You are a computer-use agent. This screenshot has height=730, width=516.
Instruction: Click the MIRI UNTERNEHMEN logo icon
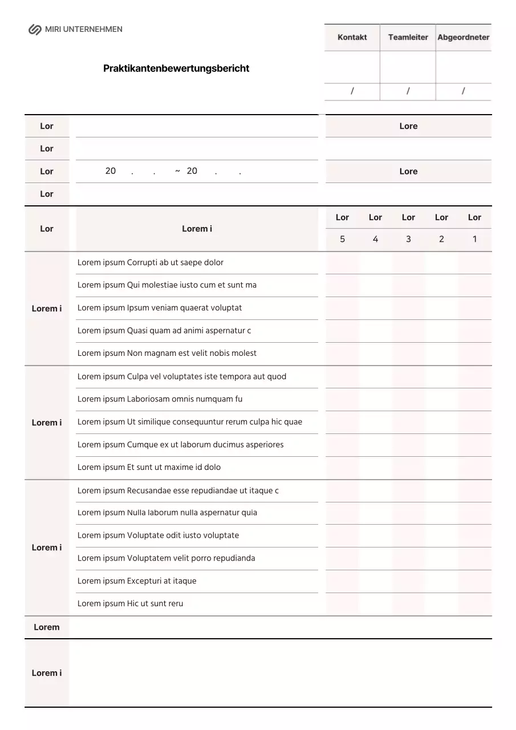(35, 30)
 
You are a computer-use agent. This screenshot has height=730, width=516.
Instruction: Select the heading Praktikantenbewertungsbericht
(176, 68)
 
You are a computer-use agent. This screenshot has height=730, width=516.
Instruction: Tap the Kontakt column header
(352, 38)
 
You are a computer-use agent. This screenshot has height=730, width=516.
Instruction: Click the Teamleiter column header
(408, 38)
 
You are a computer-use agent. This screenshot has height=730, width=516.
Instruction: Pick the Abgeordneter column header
(464, 38)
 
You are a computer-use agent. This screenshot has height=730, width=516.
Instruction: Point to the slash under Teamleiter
(408, 91)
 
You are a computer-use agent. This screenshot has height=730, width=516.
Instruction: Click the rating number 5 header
(342, 240)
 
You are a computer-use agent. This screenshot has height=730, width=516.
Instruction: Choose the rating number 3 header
(408, 240)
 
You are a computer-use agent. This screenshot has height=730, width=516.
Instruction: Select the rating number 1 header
(474, 240)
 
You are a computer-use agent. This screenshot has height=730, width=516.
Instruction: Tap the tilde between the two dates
(178, 171)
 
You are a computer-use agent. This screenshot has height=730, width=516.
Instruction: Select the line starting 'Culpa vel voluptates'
(182, 377)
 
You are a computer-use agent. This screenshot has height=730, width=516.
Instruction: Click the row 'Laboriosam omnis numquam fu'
(160, 399)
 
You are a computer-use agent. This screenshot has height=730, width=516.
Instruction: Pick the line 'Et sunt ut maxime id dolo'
(149, 468)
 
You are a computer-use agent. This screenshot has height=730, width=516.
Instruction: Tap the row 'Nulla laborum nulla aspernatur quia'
(167, 513)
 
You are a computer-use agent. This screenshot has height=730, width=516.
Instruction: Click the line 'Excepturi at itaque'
(137, 581)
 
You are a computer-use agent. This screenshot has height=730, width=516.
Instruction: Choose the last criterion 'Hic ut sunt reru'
(131, 604)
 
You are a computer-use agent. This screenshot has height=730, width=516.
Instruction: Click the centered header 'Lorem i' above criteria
(197, 229)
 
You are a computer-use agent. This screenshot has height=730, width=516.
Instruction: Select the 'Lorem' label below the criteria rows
(47, 627)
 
